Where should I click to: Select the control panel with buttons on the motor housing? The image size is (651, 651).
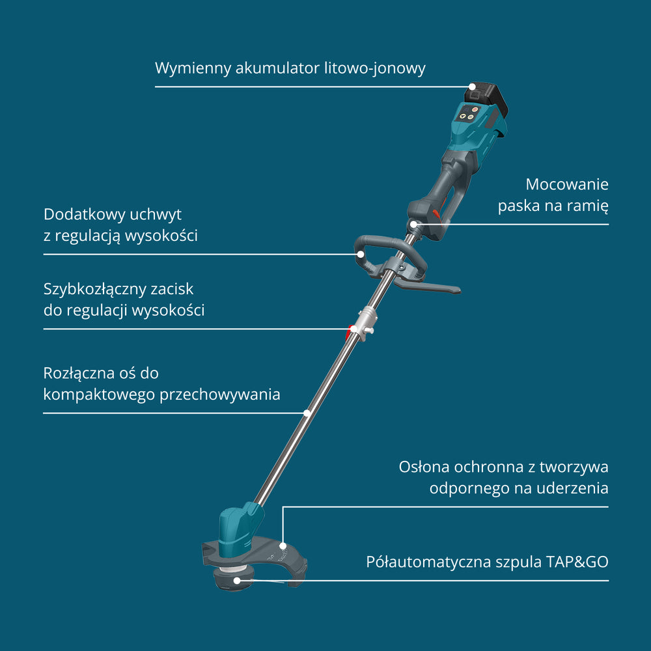pos(467,113)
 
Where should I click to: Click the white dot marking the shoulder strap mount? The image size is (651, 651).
pos(413,224)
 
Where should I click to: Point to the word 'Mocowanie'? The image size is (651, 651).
pos(567,184)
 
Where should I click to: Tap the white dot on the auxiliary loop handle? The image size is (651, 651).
pos(361,254)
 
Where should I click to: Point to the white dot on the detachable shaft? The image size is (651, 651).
pos(307,413)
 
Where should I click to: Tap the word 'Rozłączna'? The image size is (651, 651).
pos(79,374)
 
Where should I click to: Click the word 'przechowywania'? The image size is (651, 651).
pos(219,395)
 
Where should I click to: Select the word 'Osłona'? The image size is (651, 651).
pos(424,467)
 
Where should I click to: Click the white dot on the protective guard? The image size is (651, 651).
pos(283,546)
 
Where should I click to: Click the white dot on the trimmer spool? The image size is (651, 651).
pos(237,581)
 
